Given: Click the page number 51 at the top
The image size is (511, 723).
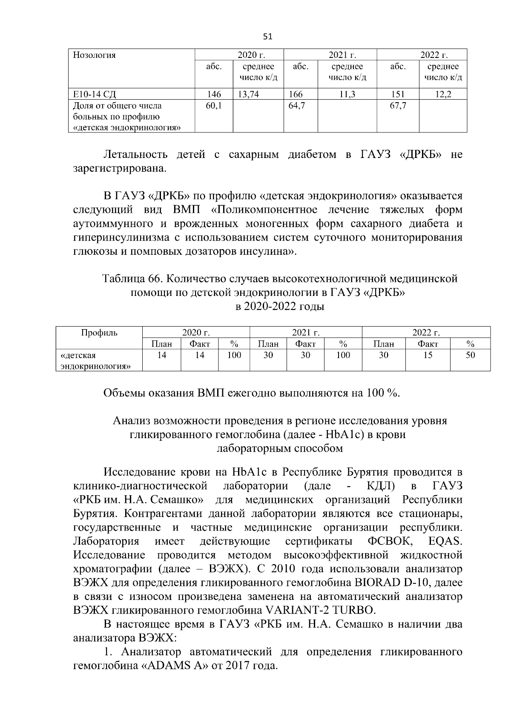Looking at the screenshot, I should pos(268,37).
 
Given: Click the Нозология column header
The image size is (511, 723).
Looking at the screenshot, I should pos(95,55).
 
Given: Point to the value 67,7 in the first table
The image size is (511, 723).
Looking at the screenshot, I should pos(398,106).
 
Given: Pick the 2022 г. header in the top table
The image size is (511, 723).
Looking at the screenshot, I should pos(434,55).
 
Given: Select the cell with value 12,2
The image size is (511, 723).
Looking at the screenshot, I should pos(443,95).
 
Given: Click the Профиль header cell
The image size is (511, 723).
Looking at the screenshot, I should pos(99,333).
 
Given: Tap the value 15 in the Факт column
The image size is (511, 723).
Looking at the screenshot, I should pos(428,355).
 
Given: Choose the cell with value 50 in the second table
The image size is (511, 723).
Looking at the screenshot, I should pos(470,355).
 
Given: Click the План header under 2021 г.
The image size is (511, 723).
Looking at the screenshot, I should pos(268,344).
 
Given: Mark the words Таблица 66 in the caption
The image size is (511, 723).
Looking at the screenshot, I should pos(130,279).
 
